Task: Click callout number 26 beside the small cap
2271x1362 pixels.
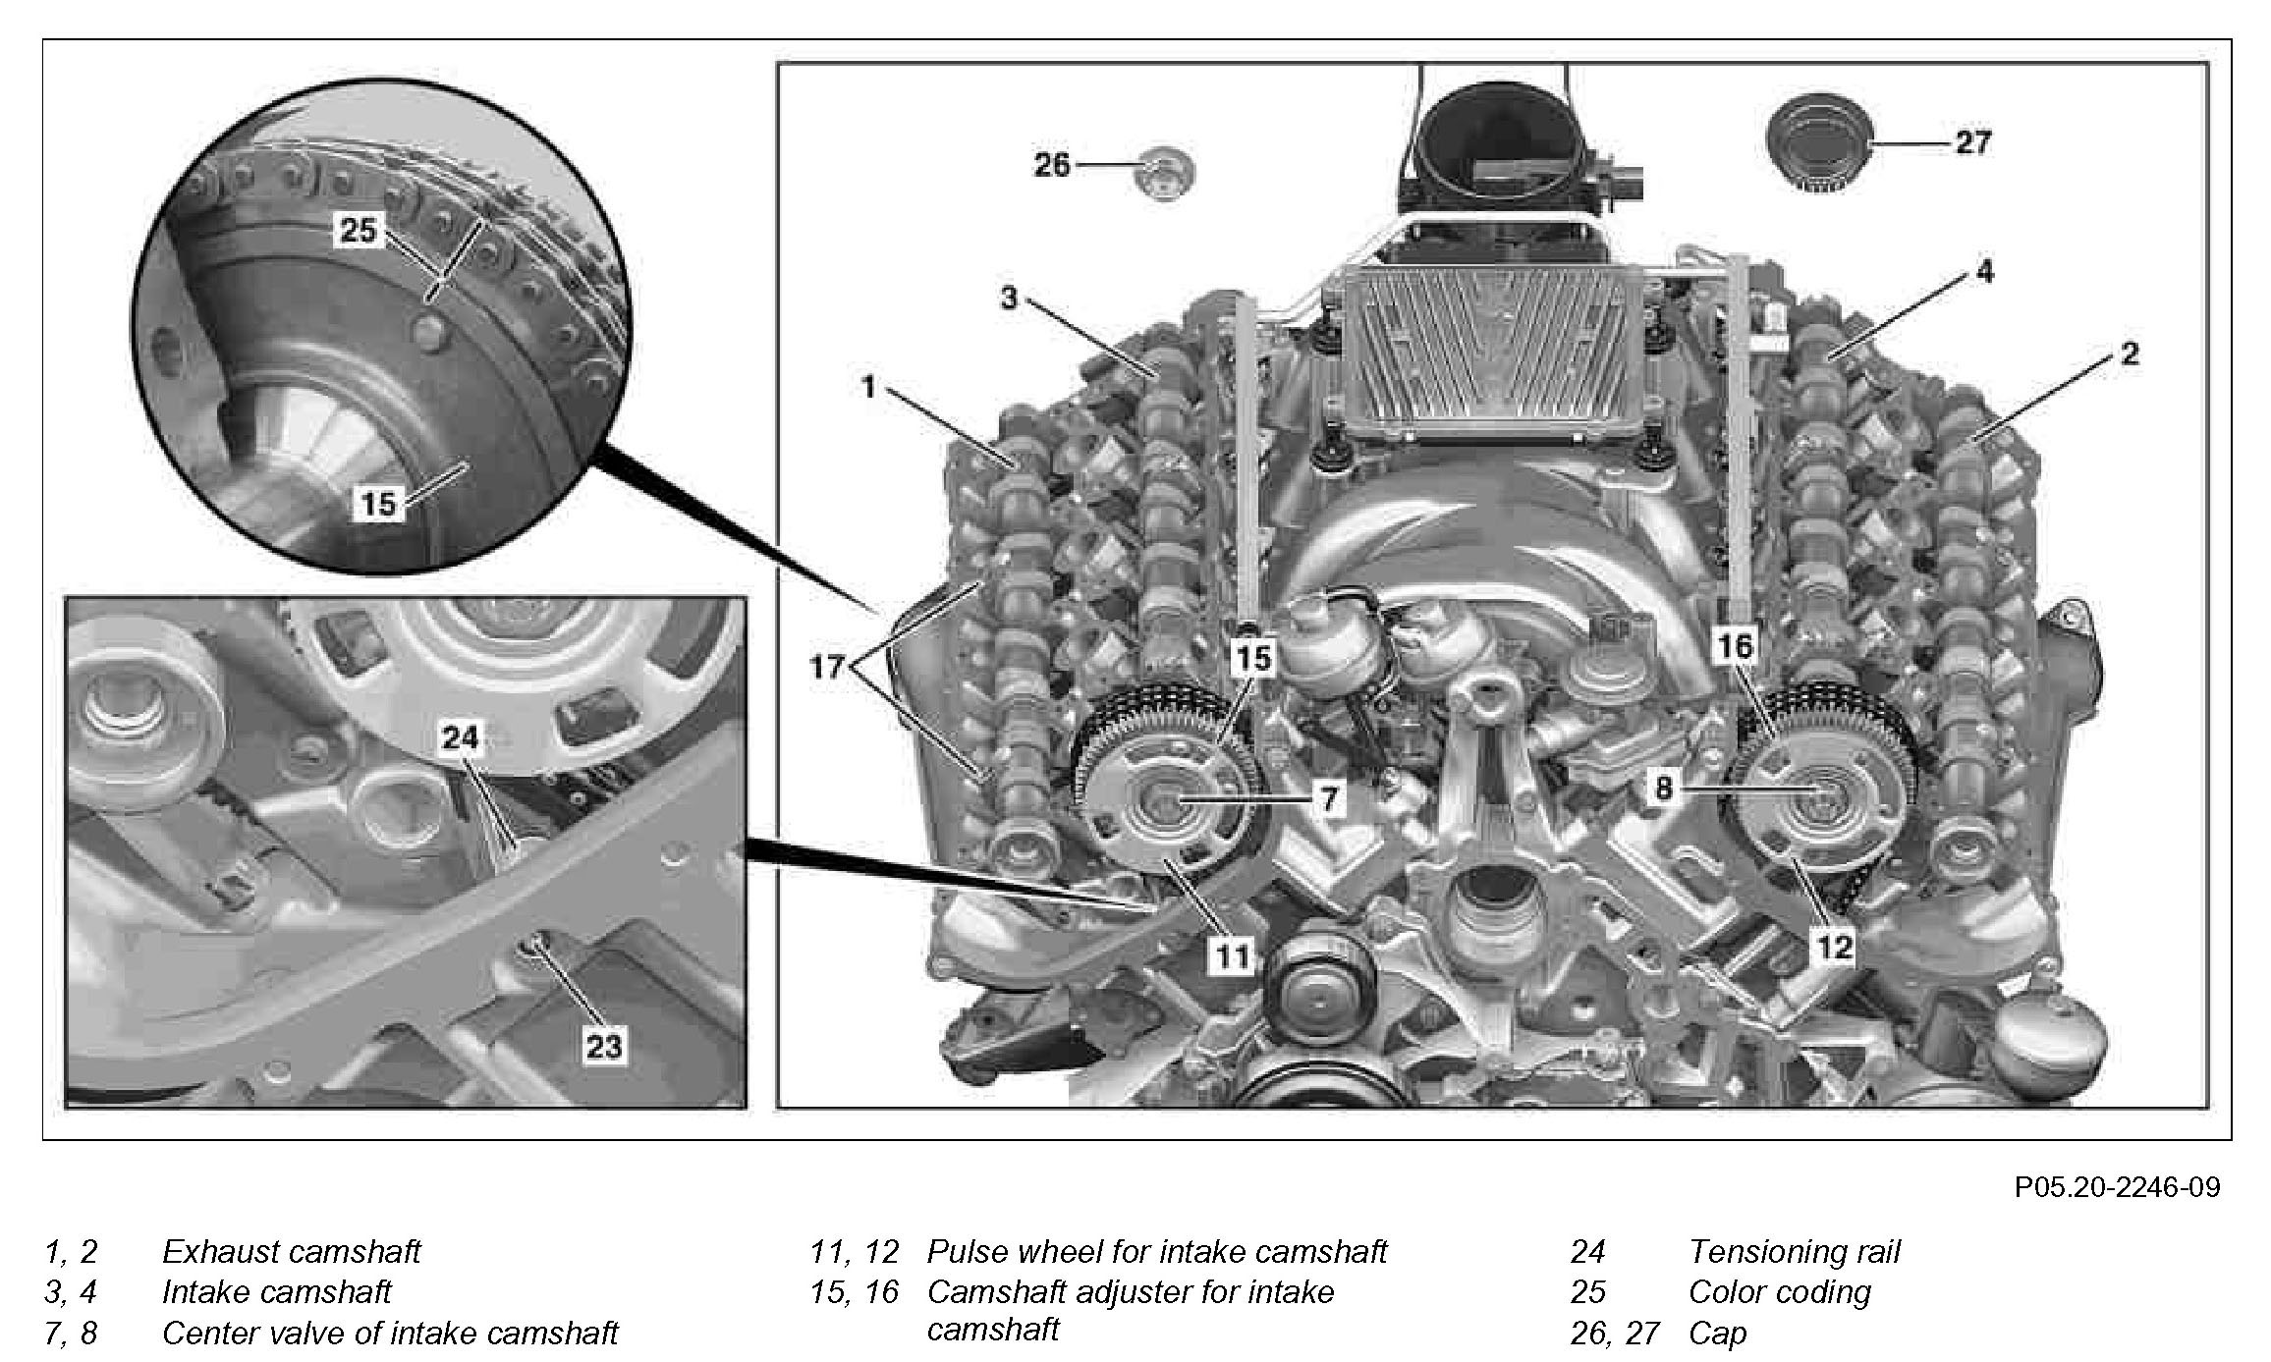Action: (1051, 164)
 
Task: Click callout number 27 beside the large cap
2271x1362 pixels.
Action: (1972, 143)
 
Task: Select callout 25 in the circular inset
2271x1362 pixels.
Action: (358, 230)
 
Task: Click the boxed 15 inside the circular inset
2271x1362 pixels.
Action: (378, 504)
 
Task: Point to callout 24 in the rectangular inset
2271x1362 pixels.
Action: (460, 736)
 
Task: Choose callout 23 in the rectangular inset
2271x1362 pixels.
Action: (603, 1046)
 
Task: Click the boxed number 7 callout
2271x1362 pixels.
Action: (1328, 798)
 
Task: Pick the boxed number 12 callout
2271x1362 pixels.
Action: (1834, 946)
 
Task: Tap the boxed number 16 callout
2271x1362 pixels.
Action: (1736, 645)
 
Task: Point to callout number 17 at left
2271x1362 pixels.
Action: (827, 668)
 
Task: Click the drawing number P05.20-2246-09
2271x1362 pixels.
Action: (2117, 1188)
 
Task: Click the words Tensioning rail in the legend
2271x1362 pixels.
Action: (1794, 1251)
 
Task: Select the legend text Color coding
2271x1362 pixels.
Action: (1779, 1291)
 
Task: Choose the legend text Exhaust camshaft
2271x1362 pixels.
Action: (291, 1251)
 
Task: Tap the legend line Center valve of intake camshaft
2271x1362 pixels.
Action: (390, 1333)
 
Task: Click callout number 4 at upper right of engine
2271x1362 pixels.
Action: (1984, 272)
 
